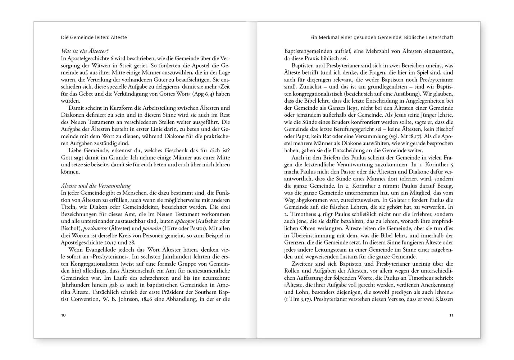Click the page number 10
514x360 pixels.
[x=63, y=315]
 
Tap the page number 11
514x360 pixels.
[x=451, y=315]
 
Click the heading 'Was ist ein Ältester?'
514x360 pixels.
[x=85, y=51]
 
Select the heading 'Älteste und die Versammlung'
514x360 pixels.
[x=96, y=186]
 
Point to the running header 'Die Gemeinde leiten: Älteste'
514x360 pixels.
[x=94, y=37]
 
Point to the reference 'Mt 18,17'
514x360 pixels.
[x=413, y=136]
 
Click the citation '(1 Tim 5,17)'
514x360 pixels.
[x=298, y=299]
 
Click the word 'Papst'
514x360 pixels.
[x=299, y=136]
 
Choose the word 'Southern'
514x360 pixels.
[x=203, y=292]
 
